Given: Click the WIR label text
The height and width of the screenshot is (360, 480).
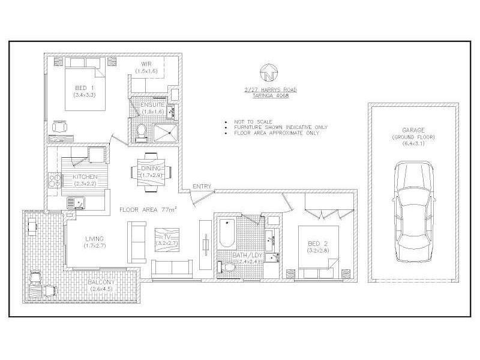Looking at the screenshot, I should click(146, 64).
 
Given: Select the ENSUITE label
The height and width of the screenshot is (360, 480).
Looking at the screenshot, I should click(150, 104).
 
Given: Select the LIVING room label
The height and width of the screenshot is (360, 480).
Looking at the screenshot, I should click(95, 239).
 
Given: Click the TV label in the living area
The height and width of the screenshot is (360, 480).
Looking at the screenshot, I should click(167, 238).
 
